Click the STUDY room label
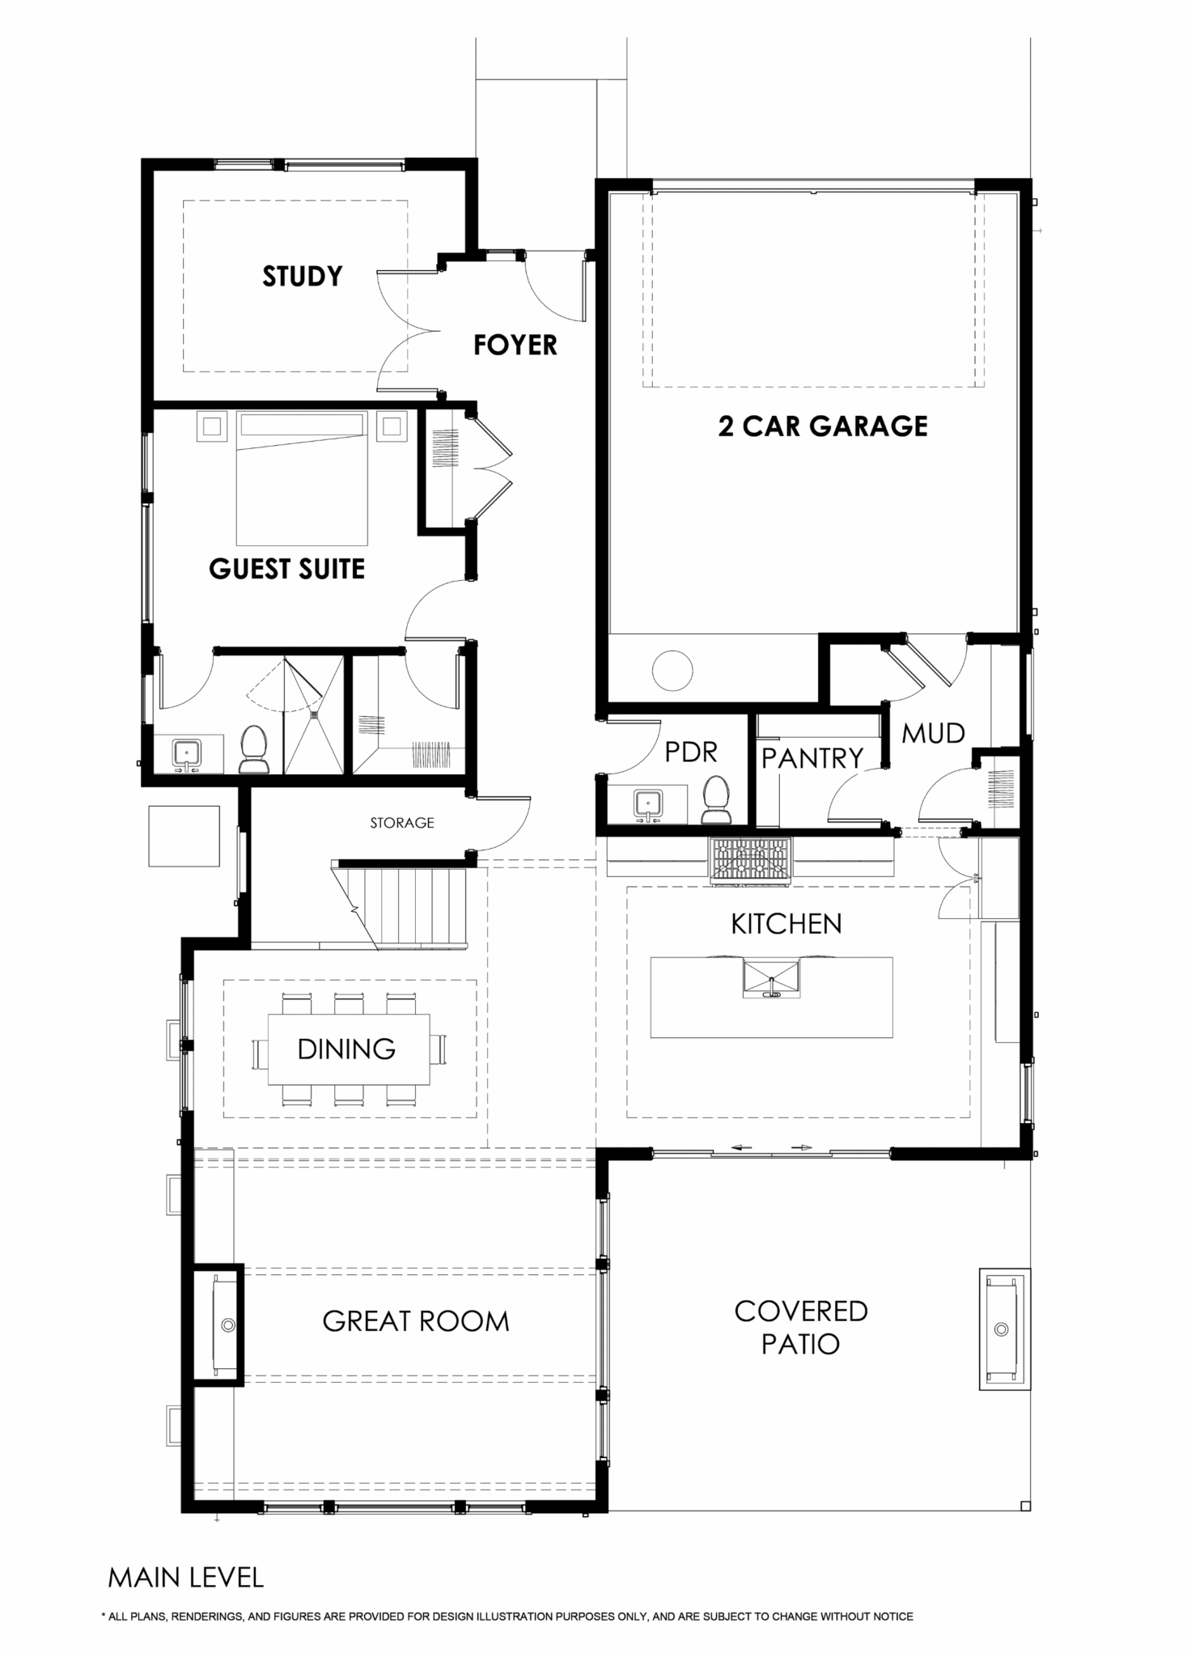[303, 277]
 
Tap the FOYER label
[515, 345]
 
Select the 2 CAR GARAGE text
[823, 426]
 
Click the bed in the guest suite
[302, 478]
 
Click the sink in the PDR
[646, 804]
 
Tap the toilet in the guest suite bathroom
[254, 748]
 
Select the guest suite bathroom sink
[188, 754]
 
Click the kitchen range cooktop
[751, 860]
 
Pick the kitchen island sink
[771, 978]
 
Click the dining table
[350, 1049]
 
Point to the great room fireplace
[218, 1325]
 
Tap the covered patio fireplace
[1004, 1329]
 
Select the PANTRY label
[812, 758]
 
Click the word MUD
[934, 734]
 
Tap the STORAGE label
[402, 823]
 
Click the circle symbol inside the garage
[673, 671]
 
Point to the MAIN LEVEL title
[186, 1578]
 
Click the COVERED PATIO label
[801, 1327]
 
